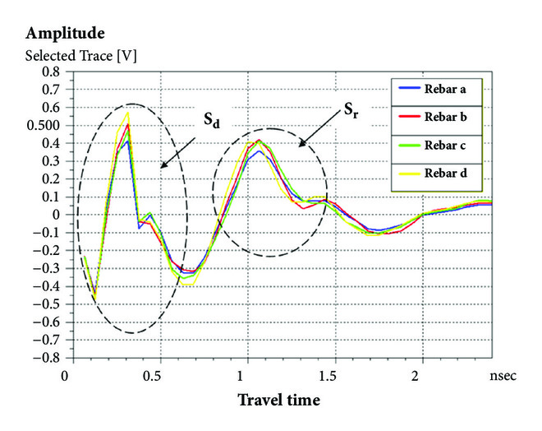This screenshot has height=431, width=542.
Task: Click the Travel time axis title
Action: [x=279, y=401]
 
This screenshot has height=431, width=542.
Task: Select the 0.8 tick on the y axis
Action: [x=49, y=72]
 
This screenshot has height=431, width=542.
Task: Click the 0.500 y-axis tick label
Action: [x=43, y=125]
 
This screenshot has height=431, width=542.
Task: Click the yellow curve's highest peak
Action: [x=128, y=112]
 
